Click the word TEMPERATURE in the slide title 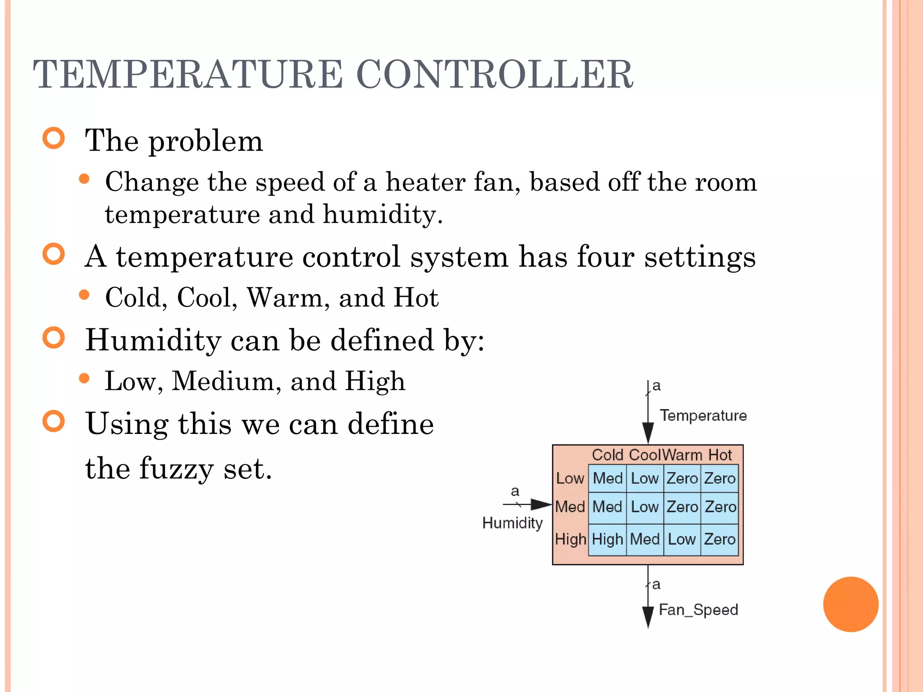click(187, 74)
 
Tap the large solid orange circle click(850, 604)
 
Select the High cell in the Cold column click(607, 539)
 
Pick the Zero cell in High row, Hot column click(719, 539)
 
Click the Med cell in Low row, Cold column click(607, 478)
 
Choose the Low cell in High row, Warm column click(681, 539)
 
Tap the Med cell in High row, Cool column click(644, 539)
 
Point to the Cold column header click(607, 455)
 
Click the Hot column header click(720, 455)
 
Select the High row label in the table click(570, 539)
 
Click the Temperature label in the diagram click(703, 415)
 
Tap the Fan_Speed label click(698, 610)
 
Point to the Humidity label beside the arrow click(512, 523)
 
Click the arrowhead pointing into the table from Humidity click(541, 505)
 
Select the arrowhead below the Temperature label click(648, 432)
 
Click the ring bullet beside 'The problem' click(54, 138)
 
